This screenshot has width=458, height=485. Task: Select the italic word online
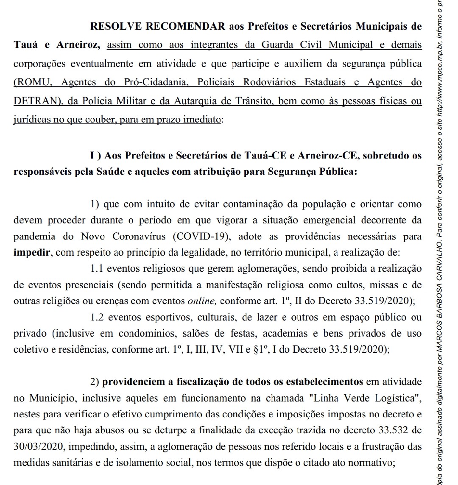[x=202, y=301]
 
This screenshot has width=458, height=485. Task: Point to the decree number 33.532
[x=394, y=430]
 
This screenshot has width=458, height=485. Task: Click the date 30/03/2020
[x=39, y=446]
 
